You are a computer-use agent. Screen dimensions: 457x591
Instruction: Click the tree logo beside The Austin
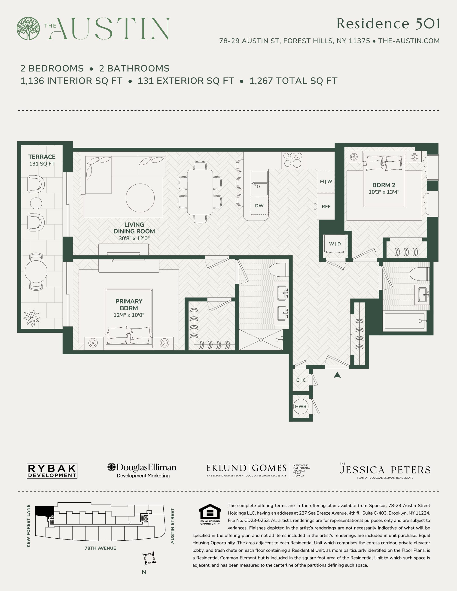28,28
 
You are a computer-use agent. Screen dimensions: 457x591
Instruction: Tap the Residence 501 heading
388,24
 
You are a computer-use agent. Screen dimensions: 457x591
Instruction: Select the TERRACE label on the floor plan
42,157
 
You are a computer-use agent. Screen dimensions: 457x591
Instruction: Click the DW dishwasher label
259,206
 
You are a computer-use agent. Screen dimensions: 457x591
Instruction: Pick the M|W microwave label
326,181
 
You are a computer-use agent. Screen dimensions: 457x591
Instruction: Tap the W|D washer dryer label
335,244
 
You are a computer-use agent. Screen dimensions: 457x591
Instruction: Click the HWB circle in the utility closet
301,407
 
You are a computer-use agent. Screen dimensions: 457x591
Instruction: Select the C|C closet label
301,380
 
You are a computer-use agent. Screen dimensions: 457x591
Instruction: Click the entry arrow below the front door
337,375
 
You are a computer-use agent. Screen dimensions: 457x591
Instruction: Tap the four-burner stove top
292,160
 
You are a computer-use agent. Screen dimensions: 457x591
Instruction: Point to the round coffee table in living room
140,198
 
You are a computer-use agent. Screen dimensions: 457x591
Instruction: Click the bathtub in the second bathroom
405,321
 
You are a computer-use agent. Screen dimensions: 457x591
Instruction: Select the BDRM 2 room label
384,185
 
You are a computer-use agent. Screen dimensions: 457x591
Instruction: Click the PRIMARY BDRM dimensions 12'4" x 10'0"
129,315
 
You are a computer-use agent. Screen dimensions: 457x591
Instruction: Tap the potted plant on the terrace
32,318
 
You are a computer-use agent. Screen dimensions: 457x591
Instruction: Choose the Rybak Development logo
52,471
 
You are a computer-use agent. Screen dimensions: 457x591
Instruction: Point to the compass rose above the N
149,558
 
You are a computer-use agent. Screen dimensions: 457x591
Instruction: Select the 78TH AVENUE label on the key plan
100,548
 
